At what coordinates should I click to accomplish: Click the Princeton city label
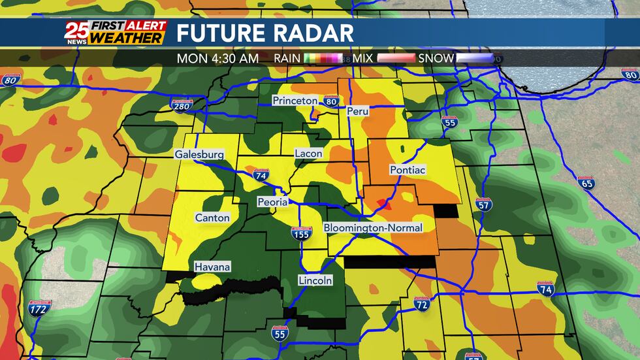click(x=295, y=101)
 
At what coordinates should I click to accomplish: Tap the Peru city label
click(x=358, y=111)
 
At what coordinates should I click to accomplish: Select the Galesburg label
click(x=199, y=155)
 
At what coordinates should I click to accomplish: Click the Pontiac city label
click(x=408, y=170)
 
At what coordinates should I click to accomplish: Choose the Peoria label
click(x=272, y=202)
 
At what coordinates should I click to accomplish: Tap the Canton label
click(x=212, y=218)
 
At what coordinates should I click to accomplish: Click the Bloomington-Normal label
click(x=374, y=228)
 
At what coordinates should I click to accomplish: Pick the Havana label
click(x=212, y=267)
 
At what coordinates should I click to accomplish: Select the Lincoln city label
click(x=315, y=280)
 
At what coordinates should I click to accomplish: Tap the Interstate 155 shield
click(x=301, y=234)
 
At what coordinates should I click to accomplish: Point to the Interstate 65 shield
click(x=586, y=184)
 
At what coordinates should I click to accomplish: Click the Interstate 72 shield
click(x=422, y=304)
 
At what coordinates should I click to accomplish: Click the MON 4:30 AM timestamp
click(x=217, y=58)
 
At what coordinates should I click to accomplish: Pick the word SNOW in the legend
click(x=436, y=58)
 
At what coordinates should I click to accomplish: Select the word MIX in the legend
click(x=362, y=58)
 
